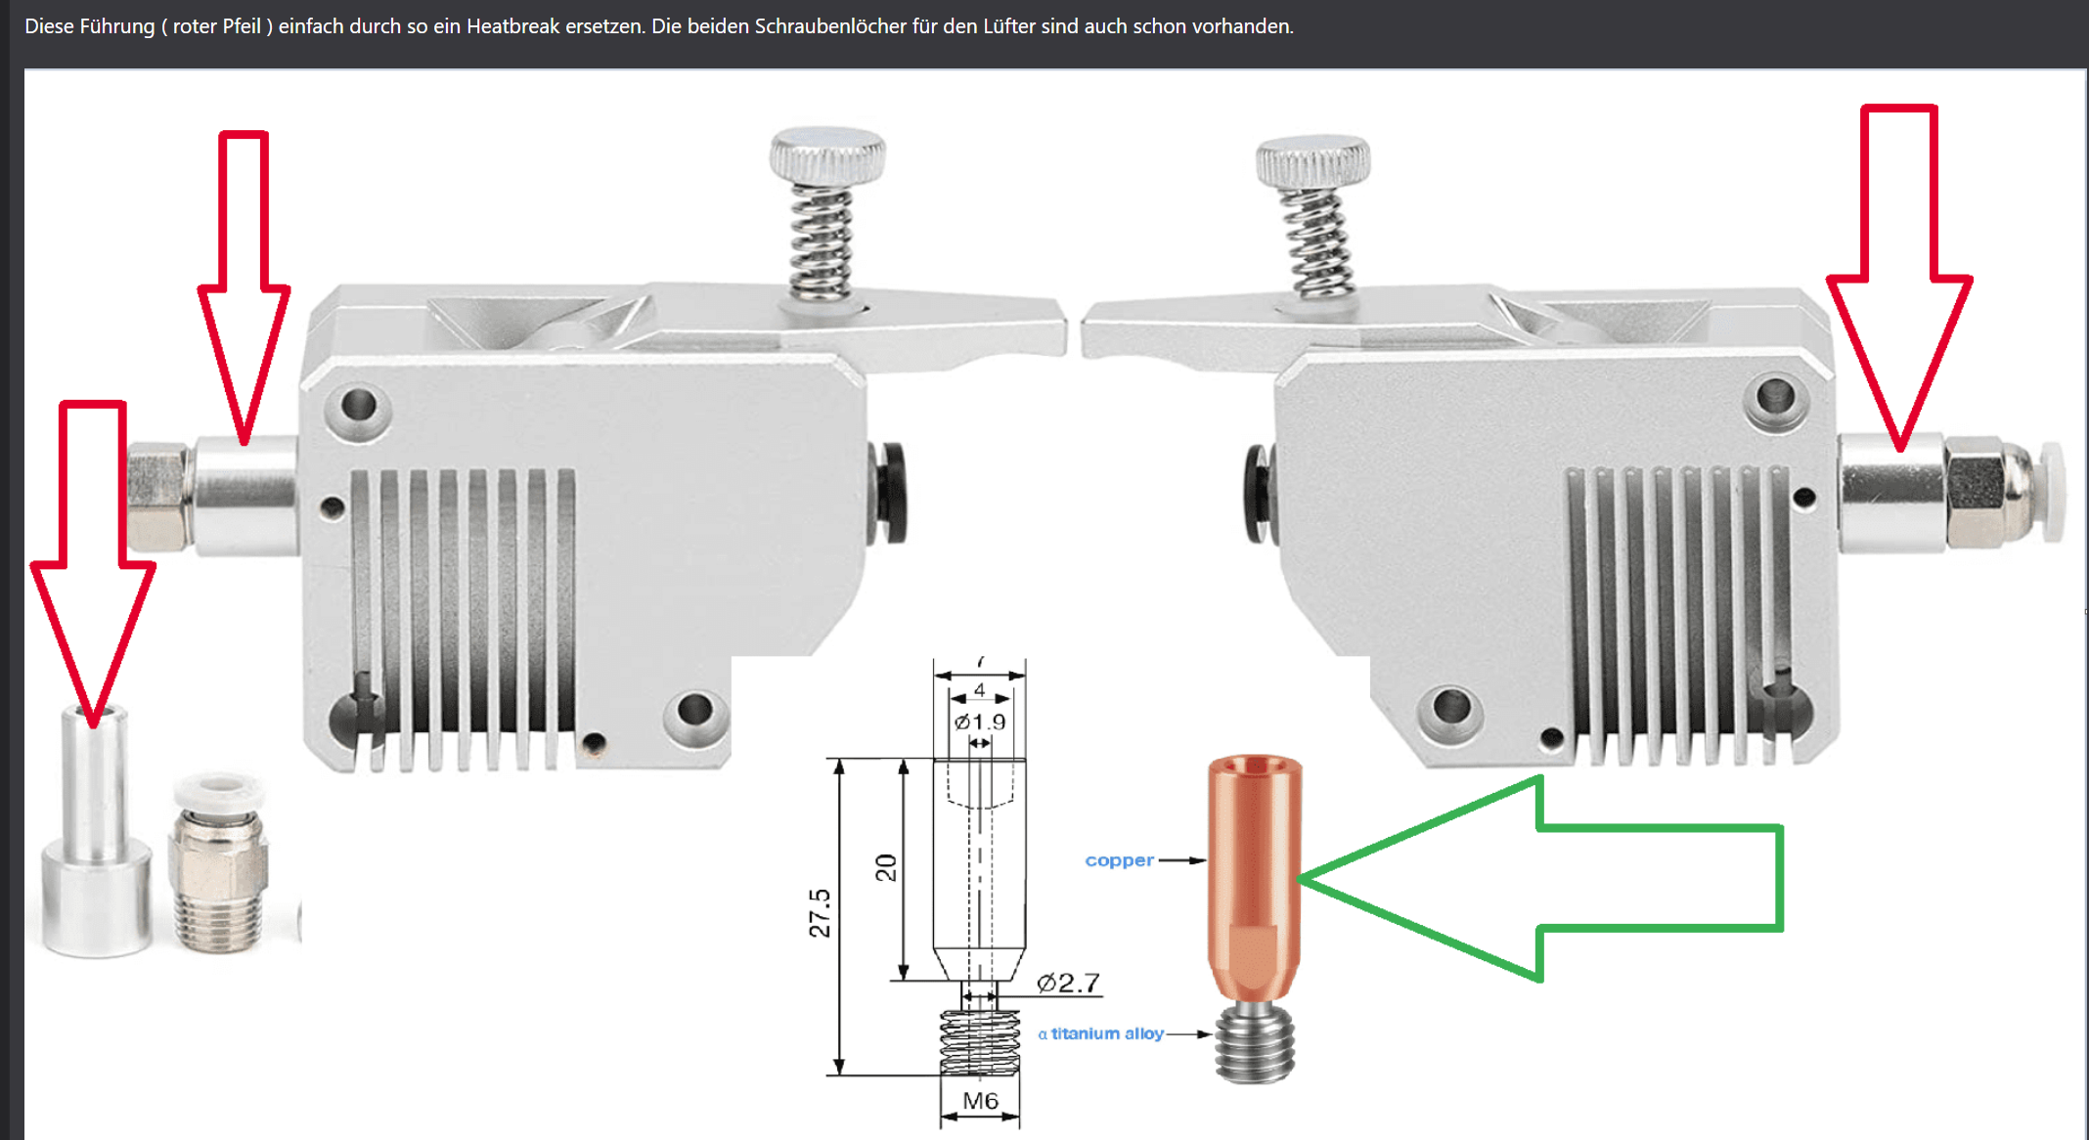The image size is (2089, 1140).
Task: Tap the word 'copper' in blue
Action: (1119, 860)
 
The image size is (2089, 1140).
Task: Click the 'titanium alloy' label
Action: (1107, 1033)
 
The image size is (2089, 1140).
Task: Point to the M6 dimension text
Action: (980, 1101)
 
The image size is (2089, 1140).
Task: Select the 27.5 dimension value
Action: (820, 913)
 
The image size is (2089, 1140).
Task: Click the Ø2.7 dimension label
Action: (1068, 983)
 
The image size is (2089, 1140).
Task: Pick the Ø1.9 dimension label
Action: (980, 723)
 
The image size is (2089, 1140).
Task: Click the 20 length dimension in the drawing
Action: (885, 867)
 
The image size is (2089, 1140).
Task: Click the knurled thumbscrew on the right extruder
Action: (1312, 161)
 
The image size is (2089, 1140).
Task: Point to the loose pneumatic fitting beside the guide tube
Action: (217, 862)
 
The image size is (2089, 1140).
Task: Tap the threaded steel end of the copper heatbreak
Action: (1255, 1042)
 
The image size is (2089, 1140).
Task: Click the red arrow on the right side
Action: (1899, 274)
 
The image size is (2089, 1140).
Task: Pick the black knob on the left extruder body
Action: (889, 494)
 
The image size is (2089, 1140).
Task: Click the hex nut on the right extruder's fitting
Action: (1974, 492)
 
